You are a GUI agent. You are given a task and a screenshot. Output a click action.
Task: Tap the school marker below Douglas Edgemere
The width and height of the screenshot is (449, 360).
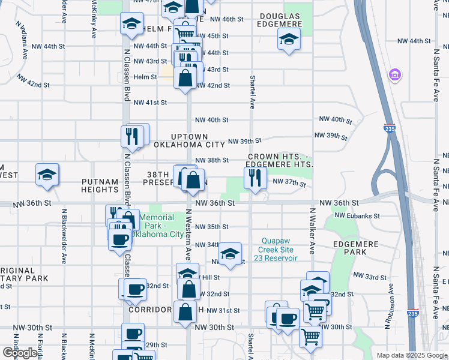(x=289, y=40)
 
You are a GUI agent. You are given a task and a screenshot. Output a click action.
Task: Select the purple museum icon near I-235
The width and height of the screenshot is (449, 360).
(x=395, y=74)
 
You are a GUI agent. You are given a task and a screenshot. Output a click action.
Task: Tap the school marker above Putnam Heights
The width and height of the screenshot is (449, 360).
(x=47, y=175)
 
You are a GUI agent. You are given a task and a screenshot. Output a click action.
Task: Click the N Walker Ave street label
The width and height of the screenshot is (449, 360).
(x=312, y=231)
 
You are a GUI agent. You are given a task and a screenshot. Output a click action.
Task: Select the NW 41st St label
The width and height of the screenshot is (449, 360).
(x=149, y=103)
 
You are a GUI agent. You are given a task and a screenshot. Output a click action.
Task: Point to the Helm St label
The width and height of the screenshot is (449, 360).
(x=145, y=77)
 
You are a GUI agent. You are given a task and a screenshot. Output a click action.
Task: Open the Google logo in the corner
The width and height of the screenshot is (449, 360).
(x=20, y=353)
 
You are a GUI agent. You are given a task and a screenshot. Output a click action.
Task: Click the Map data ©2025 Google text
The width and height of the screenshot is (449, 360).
(x=412, y=355)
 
